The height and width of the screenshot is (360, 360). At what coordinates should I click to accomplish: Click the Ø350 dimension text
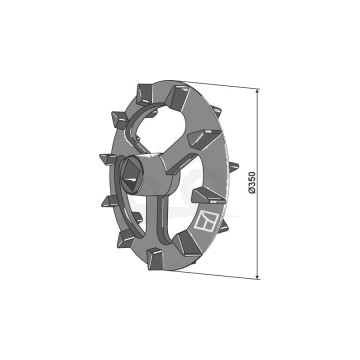coord(252,183)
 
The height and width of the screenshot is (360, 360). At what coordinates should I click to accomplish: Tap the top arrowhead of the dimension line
coord(257,92)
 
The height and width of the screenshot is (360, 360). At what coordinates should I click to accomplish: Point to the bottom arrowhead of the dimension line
coord(257,275)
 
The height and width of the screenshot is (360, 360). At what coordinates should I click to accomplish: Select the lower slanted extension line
coord(217,274)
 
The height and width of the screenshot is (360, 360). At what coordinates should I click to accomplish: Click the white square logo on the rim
coord(206,221)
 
